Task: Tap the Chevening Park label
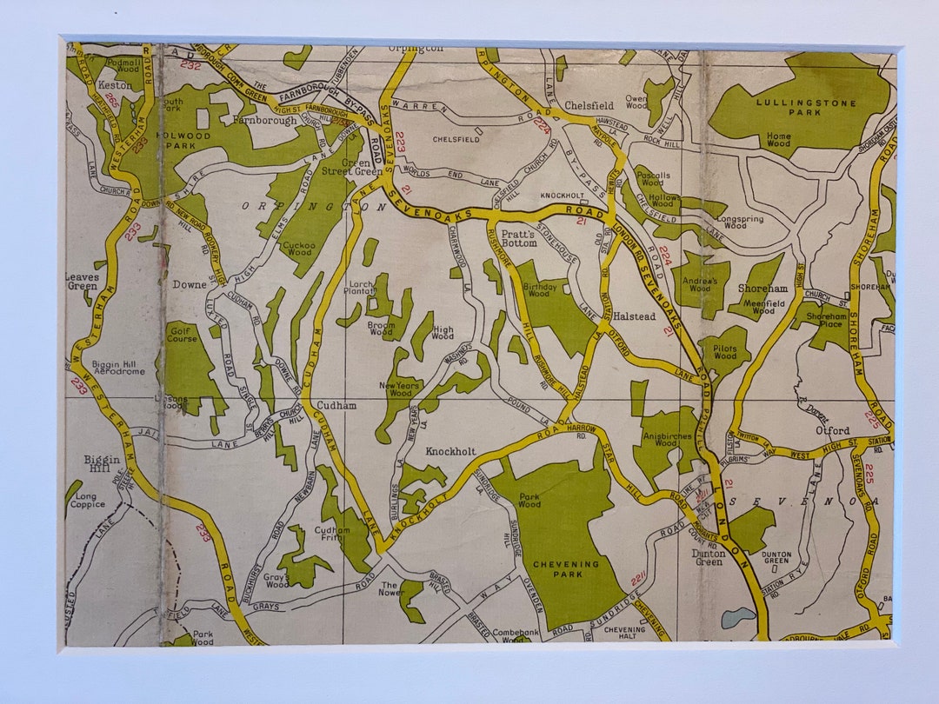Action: pos(566,569)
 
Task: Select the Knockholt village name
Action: pos(450,452)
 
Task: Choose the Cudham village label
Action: pos(336,405)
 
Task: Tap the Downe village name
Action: pos(190,284)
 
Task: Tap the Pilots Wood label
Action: pos(724,351)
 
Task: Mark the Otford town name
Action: pos(832,430)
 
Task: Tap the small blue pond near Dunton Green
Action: pos(737,617)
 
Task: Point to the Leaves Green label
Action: pos(82,281)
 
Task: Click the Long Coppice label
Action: pos(88,500)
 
